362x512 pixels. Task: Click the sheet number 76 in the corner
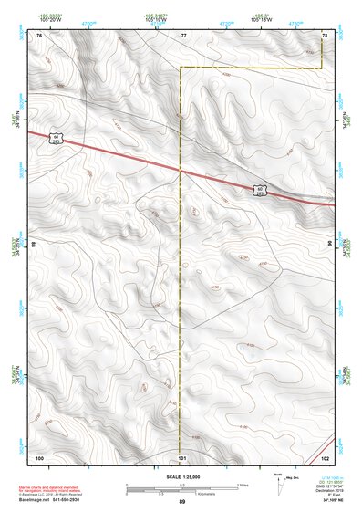click(39, 35)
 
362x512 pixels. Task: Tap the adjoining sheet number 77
click(182, 35)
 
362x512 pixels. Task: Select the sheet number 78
click(325, 35)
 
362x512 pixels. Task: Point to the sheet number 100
click(39, 456)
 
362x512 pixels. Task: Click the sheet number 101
click(182, 456)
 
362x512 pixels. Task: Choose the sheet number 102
click(325, 456)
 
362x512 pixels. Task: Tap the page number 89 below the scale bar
click(182, 502)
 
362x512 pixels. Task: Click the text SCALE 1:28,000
click(182, 475)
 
